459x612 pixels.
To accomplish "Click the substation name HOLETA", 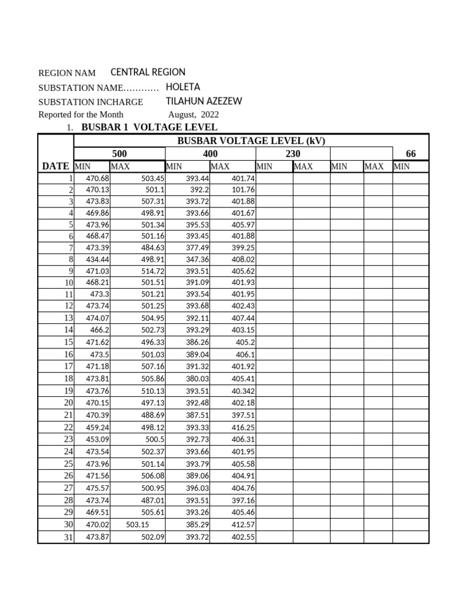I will pyautogui.click(x=182, y=87).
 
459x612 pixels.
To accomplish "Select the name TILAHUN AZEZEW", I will pyautogui.click(x=203, y=102).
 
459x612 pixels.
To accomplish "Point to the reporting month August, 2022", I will pyautogui.click(x=193, y=114).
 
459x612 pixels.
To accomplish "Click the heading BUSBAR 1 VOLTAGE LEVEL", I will pyautogui.click(x=149, y=127).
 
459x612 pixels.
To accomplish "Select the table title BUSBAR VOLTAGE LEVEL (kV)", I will pyautogui.click(x=250, y=141).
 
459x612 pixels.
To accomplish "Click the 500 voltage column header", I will pyautogui.click(x=120, y=154).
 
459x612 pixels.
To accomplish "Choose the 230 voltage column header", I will pyautogui.click(x=292, y=154).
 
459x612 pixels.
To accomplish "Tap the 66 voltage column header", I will pyautogui.click(x=411, y=154).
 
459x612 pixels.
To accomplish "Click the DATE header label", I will pyautogui.click(x=55, y=166).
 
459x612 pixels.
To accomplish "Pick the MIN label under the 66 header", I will pyautogui.click(x=402, y=167).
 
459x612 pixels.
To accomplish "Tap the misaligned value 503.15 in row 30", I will pyautogui.click(x=138, y=525).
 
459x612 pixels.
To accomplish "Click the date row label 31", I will pyautogui.click(x=68, y=537).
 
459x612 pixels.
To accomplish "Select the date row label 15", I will pyautogui.click(x=68, y=342).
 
